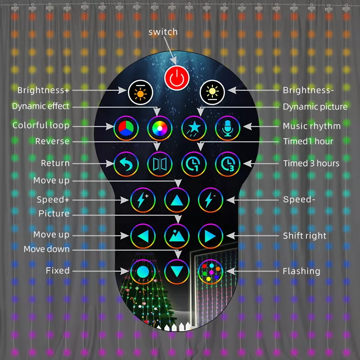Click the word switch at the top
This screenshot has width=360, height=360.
pyautogui.click(x=163, y=32)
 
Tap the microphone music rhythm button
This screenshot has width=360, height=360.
pyautogui.click(x=227, y=128)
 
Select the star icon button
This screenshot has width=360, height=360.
pyautogui.click(x=193, y=128)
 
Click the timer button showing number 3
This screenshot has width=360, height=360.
pyautogui.click(x=227, y=164)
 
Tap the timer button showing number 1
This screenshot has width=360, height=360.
pyautogui.click(x=193, y=164)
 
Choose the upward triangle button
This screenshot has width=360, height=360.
pyautogui.click(x=176, y=200)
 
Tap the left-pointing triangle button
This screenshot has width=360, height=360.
pyautogui.click(x=143, y=236)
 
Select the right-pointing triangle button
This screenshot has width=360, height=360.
pyautogui.click(x=210, y=236)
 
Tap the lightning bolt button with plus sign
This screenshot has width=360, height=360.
pyautogui.click(x=143, y=200)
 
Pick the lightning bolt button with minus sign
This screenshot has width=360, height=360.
pyautogui.click(x=210, y=200)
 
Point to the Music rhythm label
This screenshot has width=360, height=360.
pyautogui.click(x=311, y=126)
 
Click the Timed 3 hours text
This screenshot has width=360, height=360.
pyautogui.click(x=311, y=163)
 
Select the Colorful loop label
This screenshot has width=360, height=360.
pyautogui.click(x=41, y=125)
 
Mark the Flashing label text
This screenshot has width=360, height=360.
pyautogui.click(x=301, y=271)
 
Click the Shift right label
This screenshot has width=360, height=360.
pyautogui.click(x=305, y=236)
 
